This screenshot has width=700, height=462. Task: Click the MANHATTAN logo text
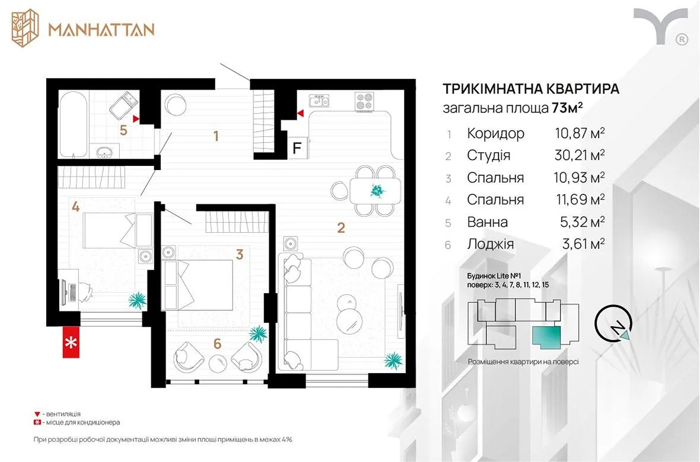101,30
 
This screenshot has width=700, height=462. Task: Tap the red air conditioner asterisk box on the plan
71,342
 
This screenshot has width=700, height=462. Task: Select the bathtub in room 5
74,124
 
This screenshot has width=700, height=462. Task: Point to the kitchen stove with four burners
364,101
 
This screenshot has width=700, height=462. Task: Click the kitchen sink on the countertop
320,101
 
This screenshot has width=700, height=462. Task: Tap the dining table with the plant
376,190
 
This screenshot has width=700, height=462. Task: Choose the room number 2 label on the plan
341,228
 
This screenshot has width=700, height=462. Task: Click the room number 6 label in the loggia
217,344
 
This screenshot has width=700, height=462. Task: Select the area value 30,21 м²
580,155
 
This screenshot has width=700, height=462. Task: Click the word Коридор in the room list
495,133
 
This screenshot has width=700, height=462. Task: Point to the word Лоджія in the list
490,244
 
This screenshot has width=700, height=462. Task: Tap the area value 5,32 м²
582,222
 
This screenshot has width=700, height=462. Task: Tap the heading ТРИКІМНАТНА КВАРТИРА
531,88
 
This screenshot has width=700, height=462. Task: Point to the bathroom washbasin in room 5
106,152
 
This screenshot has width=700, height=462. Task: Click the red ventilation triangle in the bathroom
136,119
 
